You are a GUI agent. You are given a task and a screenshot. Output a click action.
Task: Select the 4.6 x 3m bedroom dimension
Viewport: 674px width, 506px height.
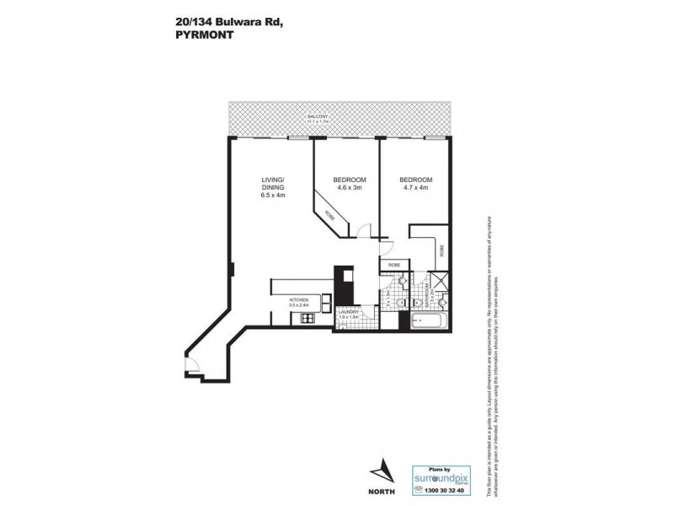pyautogui.click(x=349, y=188)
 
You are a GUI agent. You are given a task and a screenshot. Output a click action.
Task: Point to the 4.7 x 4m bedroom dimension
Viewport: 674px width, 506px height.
pyautogui.click(x=415, y=188)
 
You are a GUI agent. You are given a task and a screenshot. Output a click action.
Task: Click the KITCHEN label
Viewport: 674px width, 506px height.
pyautogui.click(x=298, y=300)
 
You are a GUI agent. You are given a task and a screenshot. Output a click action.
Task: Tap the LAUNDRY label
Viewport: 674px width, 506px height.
pyautogui.click(x=349, y=311)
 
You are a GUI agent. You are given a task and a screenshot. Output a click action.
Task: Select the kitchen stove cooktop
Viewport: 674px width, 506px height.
pyautogui.click(x=304, y=319)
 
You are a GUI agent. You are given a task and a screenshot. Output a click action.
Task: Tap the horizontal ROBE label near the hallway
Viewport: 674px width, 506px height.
pyautogui.click(x=393, y=265)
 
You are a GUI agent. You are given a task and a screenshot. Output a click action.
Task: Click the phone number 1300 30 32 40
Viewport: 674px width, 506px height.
pyautogui.click(x=442, y=490)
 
